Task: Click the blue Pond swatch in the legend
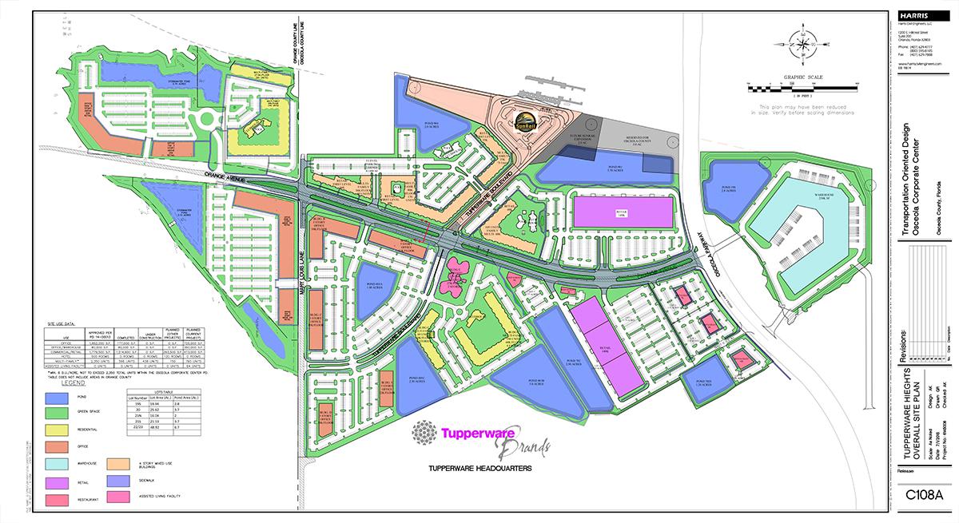(57, 398)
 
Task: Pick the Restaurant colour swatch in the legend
(57, 501)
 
